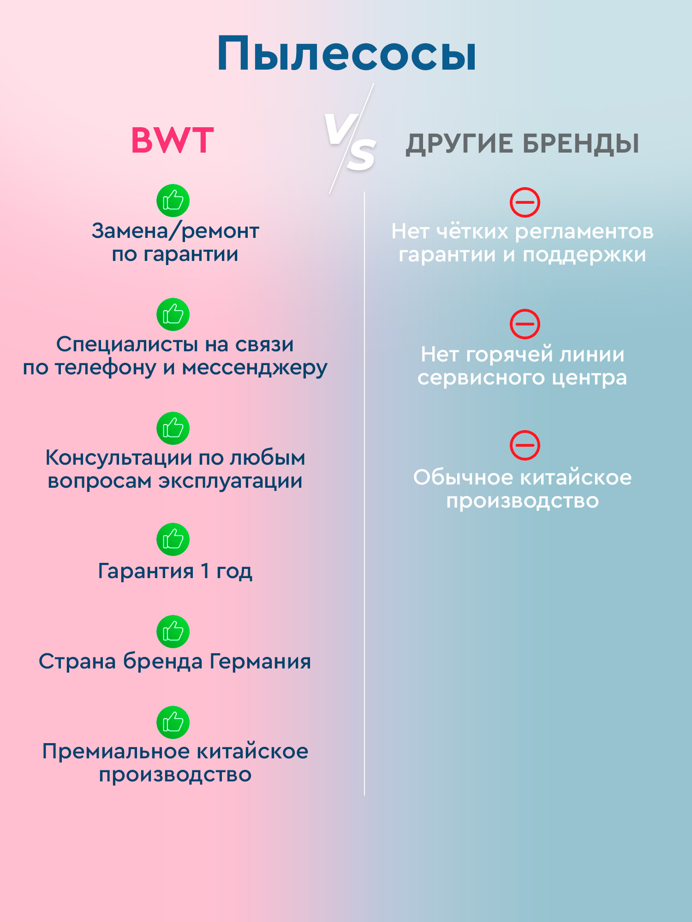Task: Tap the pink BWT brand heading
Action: (x=173, y=141)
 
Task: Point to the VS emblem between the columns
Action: (x=351, y=141)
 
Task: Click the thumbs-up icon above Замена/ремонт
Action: (x=173, y=201)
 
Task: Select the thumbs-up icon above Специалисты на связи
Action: (x=173, y=314)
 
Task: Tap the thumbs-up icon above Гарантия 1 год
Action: (x=173, y=539)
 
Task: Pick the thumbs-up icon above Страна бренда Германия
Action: (x=173, y=631)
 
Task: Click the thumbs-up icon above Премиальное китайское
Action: (x=173, y=722)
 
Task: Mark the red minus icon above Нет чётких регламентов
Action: (x=525, y=202)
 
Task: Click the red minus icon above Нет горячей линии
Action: (x=525, y=324)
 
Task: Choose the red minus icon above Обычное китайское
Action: (x=525, y=445)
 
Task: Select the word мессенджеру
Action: (x=255, y=368)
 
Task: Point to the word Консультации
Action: (x=119, y=458)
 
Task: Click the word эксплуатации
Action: (x=231, y=481)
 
